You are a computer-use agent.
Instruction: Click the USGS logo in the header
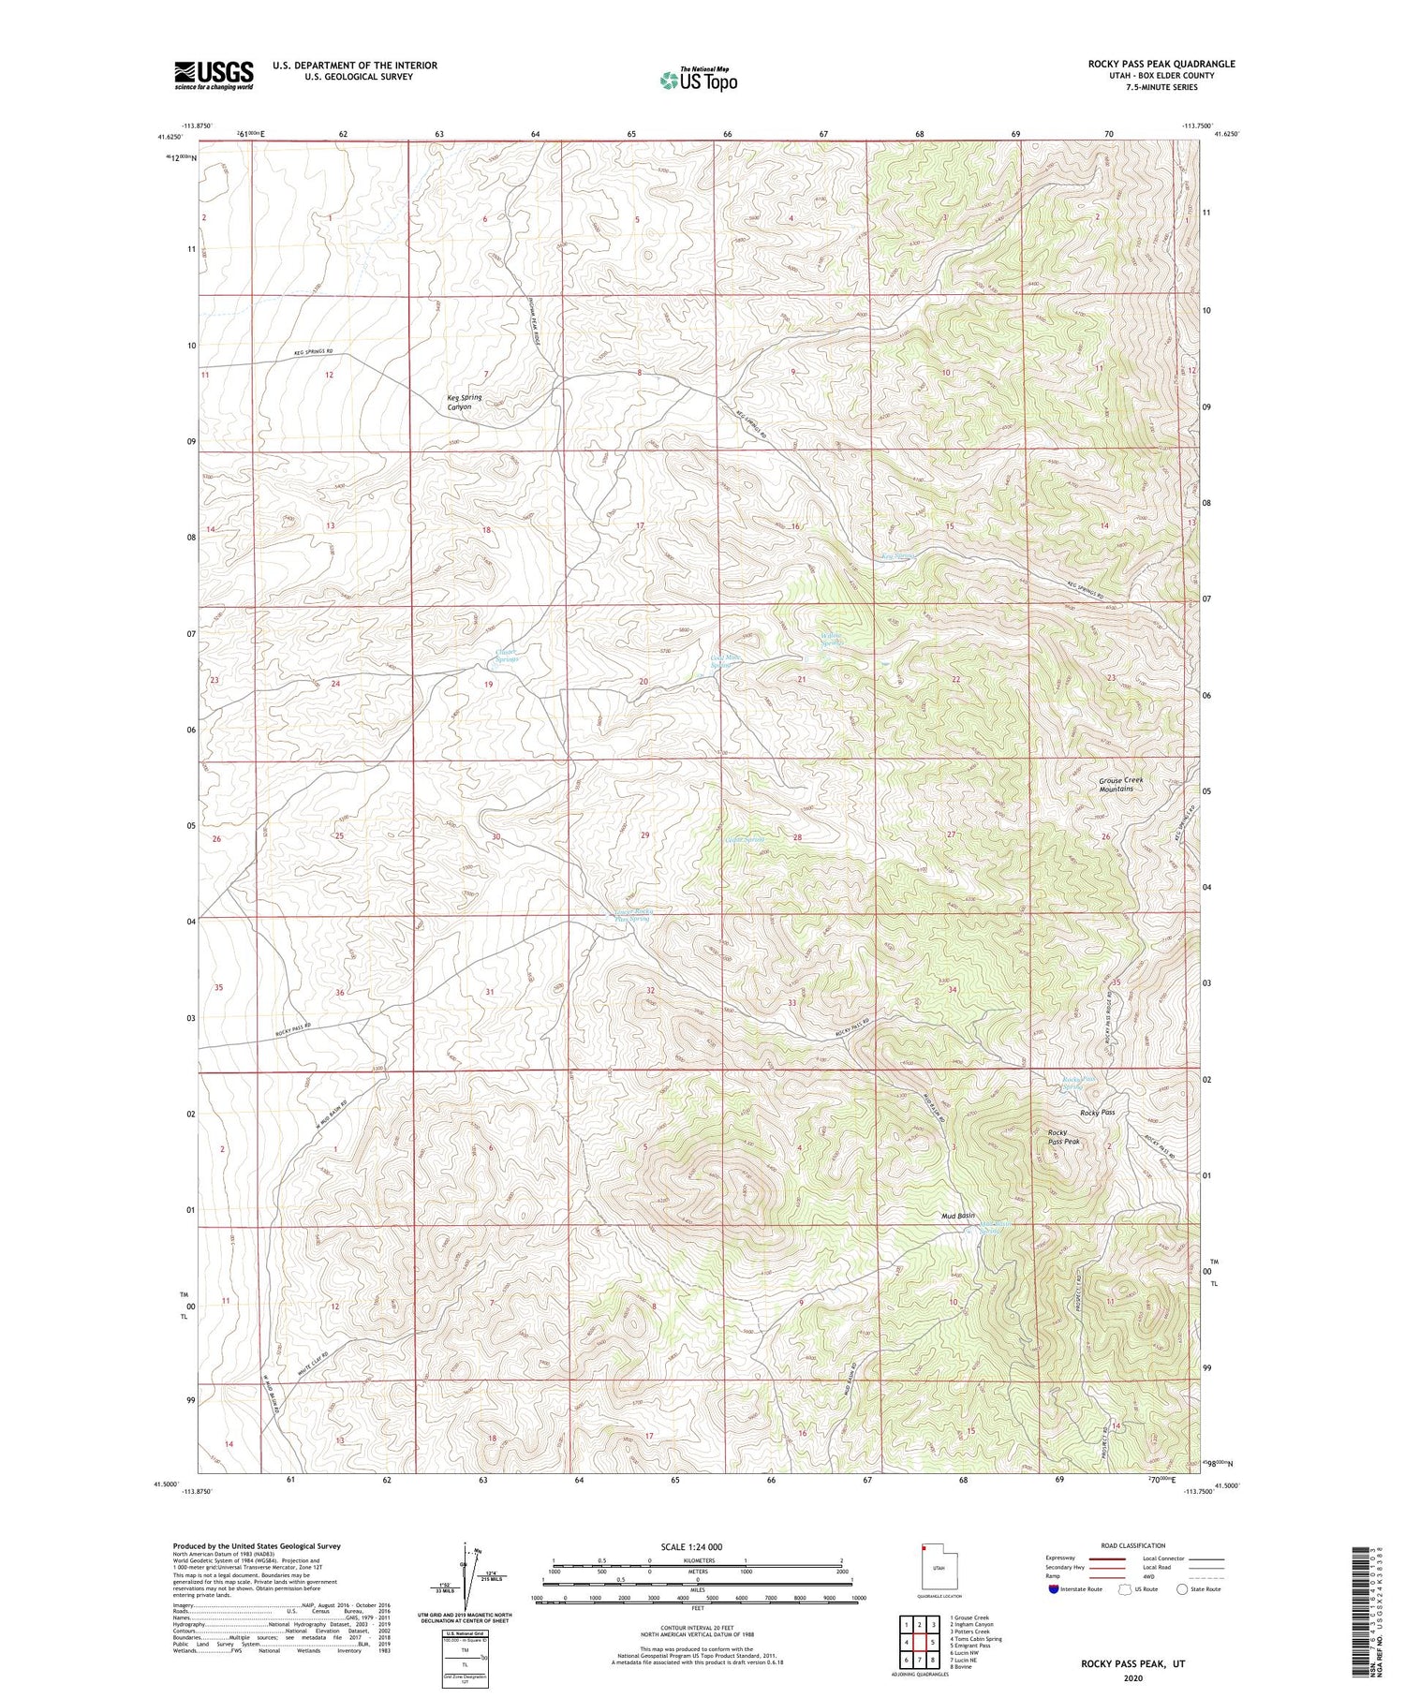tap(214, 75)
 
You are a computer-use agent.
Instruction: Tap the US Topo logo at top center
tap(698, 81)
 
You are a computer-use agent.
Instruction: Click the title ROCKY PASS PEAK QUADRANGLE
tap(1161, 64)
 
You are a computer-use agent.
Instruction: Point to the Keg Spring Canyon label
tap(465, 403)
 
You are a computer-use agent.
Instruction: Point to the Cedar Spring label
tap(745, 839)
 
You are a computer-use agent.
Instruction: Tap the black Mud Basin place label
tap(957, 1216)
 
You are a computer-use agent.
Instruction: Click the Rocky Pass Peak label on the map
tap(1063, 1137)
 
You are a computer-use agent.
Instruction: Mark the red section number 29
tap(644, 834)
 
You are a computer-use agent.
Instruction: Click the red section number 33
tap(791, 1003)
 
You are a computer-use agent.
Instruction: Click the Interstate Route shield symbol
tap(1055, 1589)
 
